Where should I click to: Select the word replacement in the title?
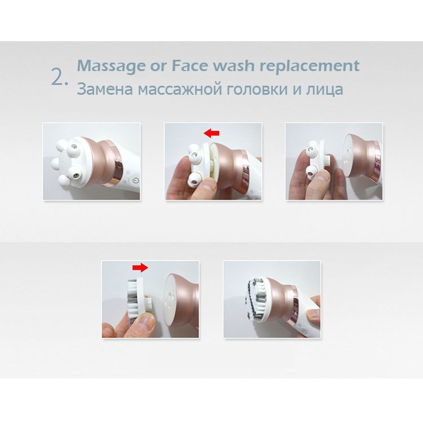coord(310,66)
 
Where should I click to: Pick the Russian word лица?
coord(324,90)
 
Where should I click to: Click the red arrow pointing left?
coord(211,133)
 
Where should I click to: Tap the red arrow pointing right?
coord(140,267)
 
